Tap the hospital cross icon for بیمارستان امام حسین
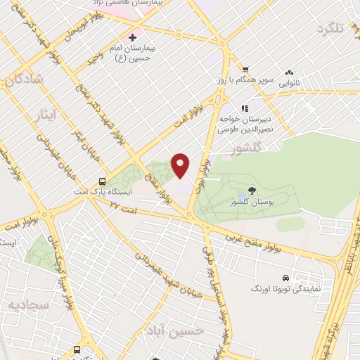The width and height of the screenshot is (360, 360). coord(131,37)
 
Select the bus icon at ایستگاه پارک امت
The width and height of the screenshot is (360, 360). coord(103,180)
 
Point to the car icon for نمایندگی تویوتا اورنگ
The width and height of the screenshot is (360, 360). coord(285,278)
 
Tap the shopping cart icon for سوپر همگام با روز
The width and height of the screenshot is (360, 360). coord(245,69)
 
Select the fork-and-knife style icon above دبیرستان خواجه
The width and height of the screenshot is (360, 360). coord(245,108)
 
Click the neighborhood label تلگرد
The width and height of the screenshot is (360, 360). coord(333,29)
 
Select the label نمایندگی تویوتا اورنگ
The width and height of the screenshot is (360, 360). coord(286,289)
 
